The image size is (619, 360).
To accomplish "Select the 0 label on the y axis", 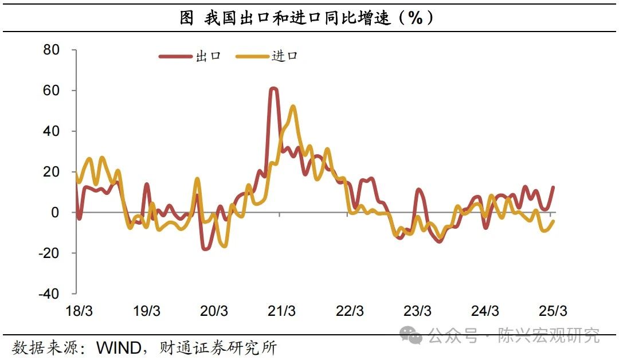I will [56, 213].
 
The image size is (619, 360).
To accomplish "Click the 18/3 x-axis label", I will [80, 311].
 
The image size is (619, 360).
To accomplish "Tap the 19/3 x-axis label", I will [147, 311].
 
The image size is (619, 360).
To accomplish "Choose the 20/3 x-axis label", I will [214, 311].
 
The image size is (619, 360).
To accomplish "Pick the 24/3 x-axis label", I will [485, 311].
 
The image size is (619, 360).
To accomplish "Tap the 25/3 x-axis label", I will [553, 311].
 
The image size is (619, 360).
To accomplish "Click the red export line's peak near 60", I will [273, 89].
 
